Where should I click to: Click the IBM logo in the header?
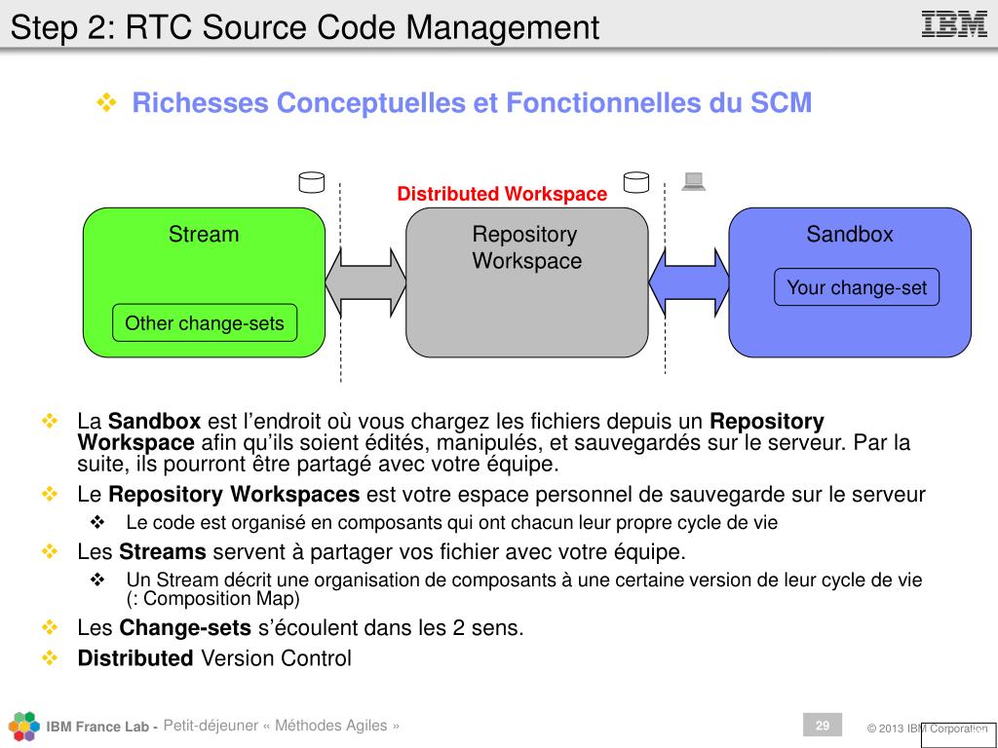[x=954, y=23]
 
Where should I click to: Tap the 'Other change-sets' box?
[x=205, y=323]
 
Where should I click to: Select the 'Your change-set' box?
[x=857, y=287]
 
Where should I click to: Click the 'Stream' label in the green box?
[x=204, y=235]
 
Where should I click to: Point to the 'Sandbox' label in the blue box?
[x=850, y=235]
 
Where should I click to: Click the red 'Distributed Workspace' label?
[x=502, y=194]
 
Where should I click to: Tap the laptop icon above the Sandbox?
[x=693, y=180]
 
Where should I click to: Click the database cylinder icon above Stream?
[x=311, y=181]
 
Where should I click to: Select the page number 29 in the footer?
[x=823, y=726]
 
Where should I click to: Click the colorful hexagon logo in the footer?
[x=24, y=727]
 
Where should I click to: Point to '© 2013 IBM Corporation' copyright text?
[x=927, y=729]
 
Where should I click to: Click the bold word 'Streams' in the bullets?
[x=163, y=553]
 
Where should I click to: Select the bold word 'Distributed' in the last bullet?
[x=135, y=658]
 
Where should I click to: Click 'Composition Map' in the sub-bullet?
[x=219, y=599]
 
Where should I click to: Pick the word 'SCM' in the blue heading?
[x=781, y=103]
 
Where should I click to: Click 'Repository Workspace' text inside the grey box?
[x=526, y=247]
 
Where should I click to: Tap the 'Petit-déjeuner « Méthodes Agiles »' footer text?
[x=282, y=726]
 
